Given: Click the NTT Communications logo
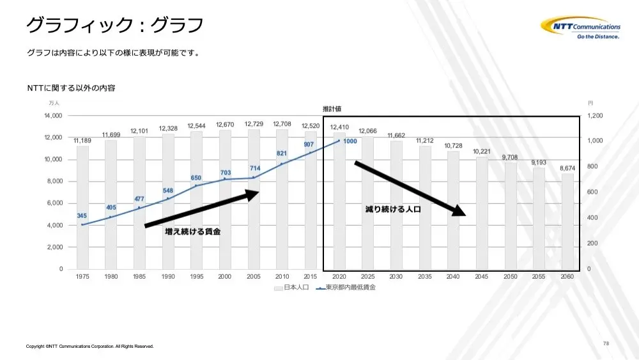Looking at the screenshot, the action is point(581,27).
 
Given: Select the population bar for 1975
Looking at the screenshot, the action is point(82,207).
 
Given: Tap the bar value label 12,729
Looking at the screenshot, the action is point(254,124).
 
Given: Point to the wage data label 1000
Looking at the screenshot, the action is point(350,141).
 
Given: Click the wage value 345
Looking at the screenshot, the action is point(82,215).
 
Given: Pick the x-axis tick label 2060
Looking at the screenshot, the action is point(567,276).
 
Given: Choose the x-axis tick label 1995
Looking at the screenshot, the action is point(196,276).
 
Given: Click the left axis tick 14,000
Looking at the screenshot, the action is point(54,116).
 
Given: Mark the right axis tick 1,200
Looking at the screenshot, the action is point(595,116).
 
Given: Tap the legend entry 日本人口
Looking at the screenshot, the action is point(291,288).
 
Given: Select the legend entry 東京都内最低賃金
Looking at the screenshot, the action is point(346,288).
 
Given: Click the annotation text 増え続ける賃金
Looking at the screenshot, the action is point(193,231).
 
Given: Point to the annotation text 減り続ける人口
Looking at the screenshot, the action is point(393,209).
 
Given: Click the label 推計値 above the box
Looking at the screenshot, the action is point(332,109).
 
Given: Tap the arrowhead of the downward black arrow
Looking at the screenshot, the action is point(459,210).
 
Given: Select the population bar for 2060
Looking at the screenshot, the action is point(567,221).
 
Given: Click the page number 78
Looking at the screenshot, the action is point(606,343).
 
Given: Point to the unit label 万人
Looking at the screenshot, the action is point(54,103).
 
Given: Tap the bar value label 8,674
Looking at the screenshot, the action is point(567,168).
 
